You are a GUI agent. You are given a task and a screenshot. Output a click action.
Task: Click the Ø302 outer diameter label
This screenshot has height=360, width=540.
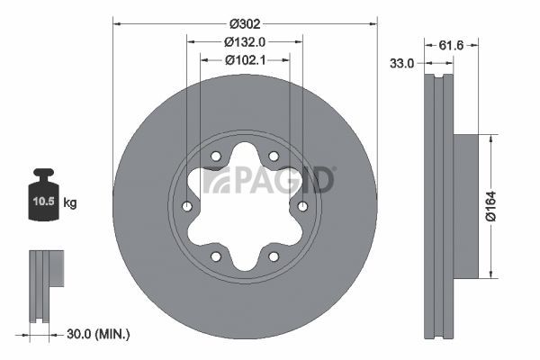coord(245,23)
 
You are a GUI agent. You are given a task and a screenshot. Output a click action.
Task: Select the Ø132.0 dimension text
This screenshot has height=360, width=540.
coord(245,42)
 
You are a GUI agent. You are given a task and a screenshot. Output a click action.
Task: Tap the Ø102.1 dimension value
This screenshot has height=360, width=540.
coord(245,60)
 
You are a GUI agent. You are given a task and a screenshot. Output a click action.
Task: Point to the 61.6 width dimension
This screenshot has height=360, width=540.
coord(451,45)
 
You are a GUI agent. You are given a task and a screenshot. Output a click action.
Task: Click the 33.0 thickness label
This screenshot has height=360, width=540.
coord(402,63)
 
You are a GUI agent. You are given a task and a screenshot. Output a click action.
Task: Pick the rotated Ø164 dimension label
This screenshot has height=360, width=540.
coord(490,206)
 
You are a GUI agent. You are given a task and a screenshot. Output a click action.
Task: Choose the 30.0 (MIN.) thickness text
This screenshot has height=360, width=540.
coord(98,334)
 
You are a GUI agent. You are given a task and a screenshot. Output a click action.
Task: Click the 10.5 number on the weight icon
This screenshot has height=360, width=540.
coord(44,201)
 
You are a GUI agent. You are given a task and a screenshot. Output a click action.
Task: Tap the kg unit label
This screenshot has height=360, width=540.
coord(70,202)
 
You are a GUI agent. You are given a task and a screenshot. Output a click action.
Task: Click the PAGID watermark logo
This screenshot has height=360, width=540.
coord(268,180)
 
